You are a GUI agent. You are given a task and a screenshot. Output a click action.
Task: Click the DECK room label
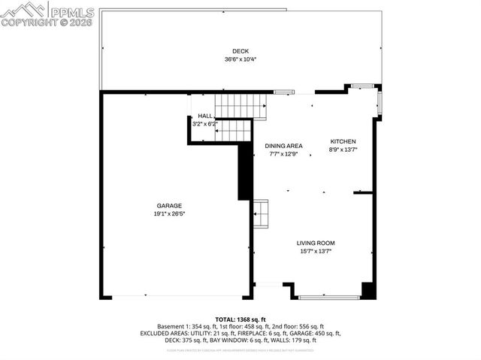click(x=240, y=51)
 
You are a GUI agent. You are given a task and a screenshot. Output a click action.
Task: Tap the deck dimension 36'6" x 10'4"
click(x=240, y=59)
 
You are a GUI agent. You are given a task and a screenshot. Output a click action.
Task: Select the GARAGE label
click(x=169, y=205)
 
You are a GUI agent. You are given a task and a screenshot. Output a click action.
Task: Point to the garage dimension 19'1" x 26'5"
click(x=169, y=213)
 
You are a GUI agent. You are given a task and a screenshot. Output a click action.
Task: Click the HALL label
click(x=204, y=116)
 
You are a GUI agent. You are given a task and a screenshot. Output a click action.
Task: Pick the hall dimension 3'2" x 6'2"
click(x=204, y=123)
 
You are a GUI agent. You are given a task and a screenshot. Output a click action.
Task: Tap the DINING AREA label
click(x=283, y=146)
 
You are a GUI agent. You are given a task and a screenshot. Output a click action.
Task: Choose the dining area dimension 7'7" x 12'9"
click(x=283, y=154)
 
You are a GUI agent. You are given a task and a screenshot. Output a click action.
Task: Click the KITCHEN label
click(x=343, y=141)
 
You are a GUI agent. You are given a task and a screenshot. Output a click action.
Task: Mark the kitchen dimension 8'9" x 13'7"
click(x=343, y=150)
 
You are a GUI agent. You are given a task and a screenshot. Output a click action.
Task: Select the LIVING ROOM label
click(x=315, y=243)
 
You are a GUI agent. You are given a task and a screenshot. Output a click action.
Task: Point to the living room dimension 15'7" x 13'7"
click(x=315, y=251)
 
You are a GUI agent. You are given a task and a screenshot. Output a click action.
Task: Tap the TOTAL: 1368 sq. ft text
click(x=240, y=319)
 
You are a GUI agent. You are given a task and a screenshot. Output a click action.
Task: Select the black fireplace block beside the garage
click(x=244, y=171)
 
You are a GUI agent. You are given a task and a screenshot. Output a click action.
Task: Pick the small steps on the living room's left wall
click(x=261, y=213)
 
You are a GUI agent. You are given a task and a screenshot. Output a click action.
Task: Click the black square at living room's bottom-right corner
click(x=368, y=291)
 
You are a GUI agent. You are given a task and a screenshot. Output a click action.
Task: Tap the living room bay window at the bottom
click(x=328, y=297)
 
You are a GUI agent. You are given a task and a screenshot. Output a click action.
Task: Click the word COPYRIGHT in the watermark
click(x=26, y=23)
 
